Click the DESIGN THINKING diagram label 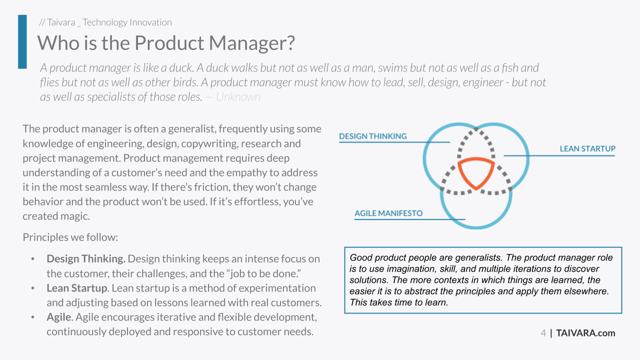pyautogui.click(x=373, y=136)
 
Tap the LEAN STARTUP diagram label pyautogui.click(x=587, y=149)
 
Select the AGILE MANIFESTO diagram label pyautogui.click(x=388, y=213)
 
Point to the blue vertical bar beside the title pyautogui.click(x=22, y=41)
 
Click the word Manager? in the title pyautogui.click(x=251, y=43)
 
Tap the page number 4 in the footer pyautogui.click(x=543, y=333)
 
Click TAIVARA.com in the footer pyautogui.click(x=585, y=333)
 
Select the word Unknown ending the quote pyautogui.click(x=238, y=97)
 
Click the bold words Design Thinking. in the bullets pyautogui.click(x=86, y=259)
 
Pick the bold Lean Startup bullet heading pyautogui.click(x=77, y=288)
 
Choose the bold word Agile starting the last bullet pyautogui.click(x=59, y=317)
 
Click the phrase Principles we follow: pyautogui.click(x=70, y=237)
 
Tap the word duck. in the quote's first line pyautogui.click(x=181, y=68)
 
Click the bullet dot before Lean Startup pyautogui.click(x=33, y=288)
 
